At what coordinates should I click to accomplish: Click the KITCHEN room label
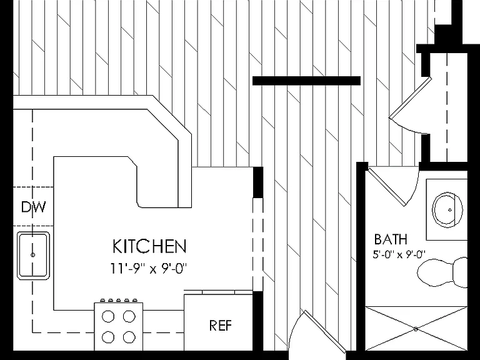click(x=149, y=246)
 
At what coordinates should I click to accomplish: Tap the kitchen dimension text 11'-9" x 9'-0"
click(x=149, y=269)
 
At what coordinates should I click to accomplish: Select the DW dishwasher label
click(x=34, y=207)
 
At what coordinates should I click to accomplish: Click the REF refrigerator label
click(x=221, y=326)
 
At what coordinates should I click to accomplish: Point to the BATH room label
click(x=391, y=239)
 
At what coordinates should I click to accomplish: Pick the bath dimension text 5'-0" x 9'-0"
click(x=399, y=254)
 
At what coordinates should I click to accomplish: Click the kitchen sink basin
click(x=33, y=256)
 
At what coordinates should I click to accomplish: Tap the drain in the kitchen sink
click(x=32, y=255)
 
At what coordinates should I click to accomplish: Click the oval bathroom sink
click(x=447, y=210)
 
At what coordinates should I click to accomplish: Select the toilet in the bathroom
click(x=442, y=272)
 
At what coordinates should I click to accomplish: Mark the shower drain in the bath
click(x=416, y=329)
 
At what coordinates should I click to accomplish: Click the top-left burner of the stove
click(x=107, y=316)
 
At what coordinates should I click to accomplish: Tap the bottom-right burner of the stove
click(x=129, y=337)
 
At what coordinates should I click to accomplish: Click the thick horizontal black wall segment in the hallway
click(x=306, y=81)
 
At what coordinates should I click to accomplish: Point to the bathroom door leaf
click(x=386, y=186)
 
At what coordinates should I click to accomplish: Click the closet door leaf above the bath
click(x=410, y=97)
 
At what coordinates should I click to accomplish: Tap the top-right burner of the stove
click(x=129, y=316)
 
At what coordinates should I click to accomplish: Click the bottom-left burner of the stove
click(x=107, y=337)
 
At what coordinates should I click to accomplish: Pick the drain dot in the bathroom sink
click(x=450, y=210)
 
